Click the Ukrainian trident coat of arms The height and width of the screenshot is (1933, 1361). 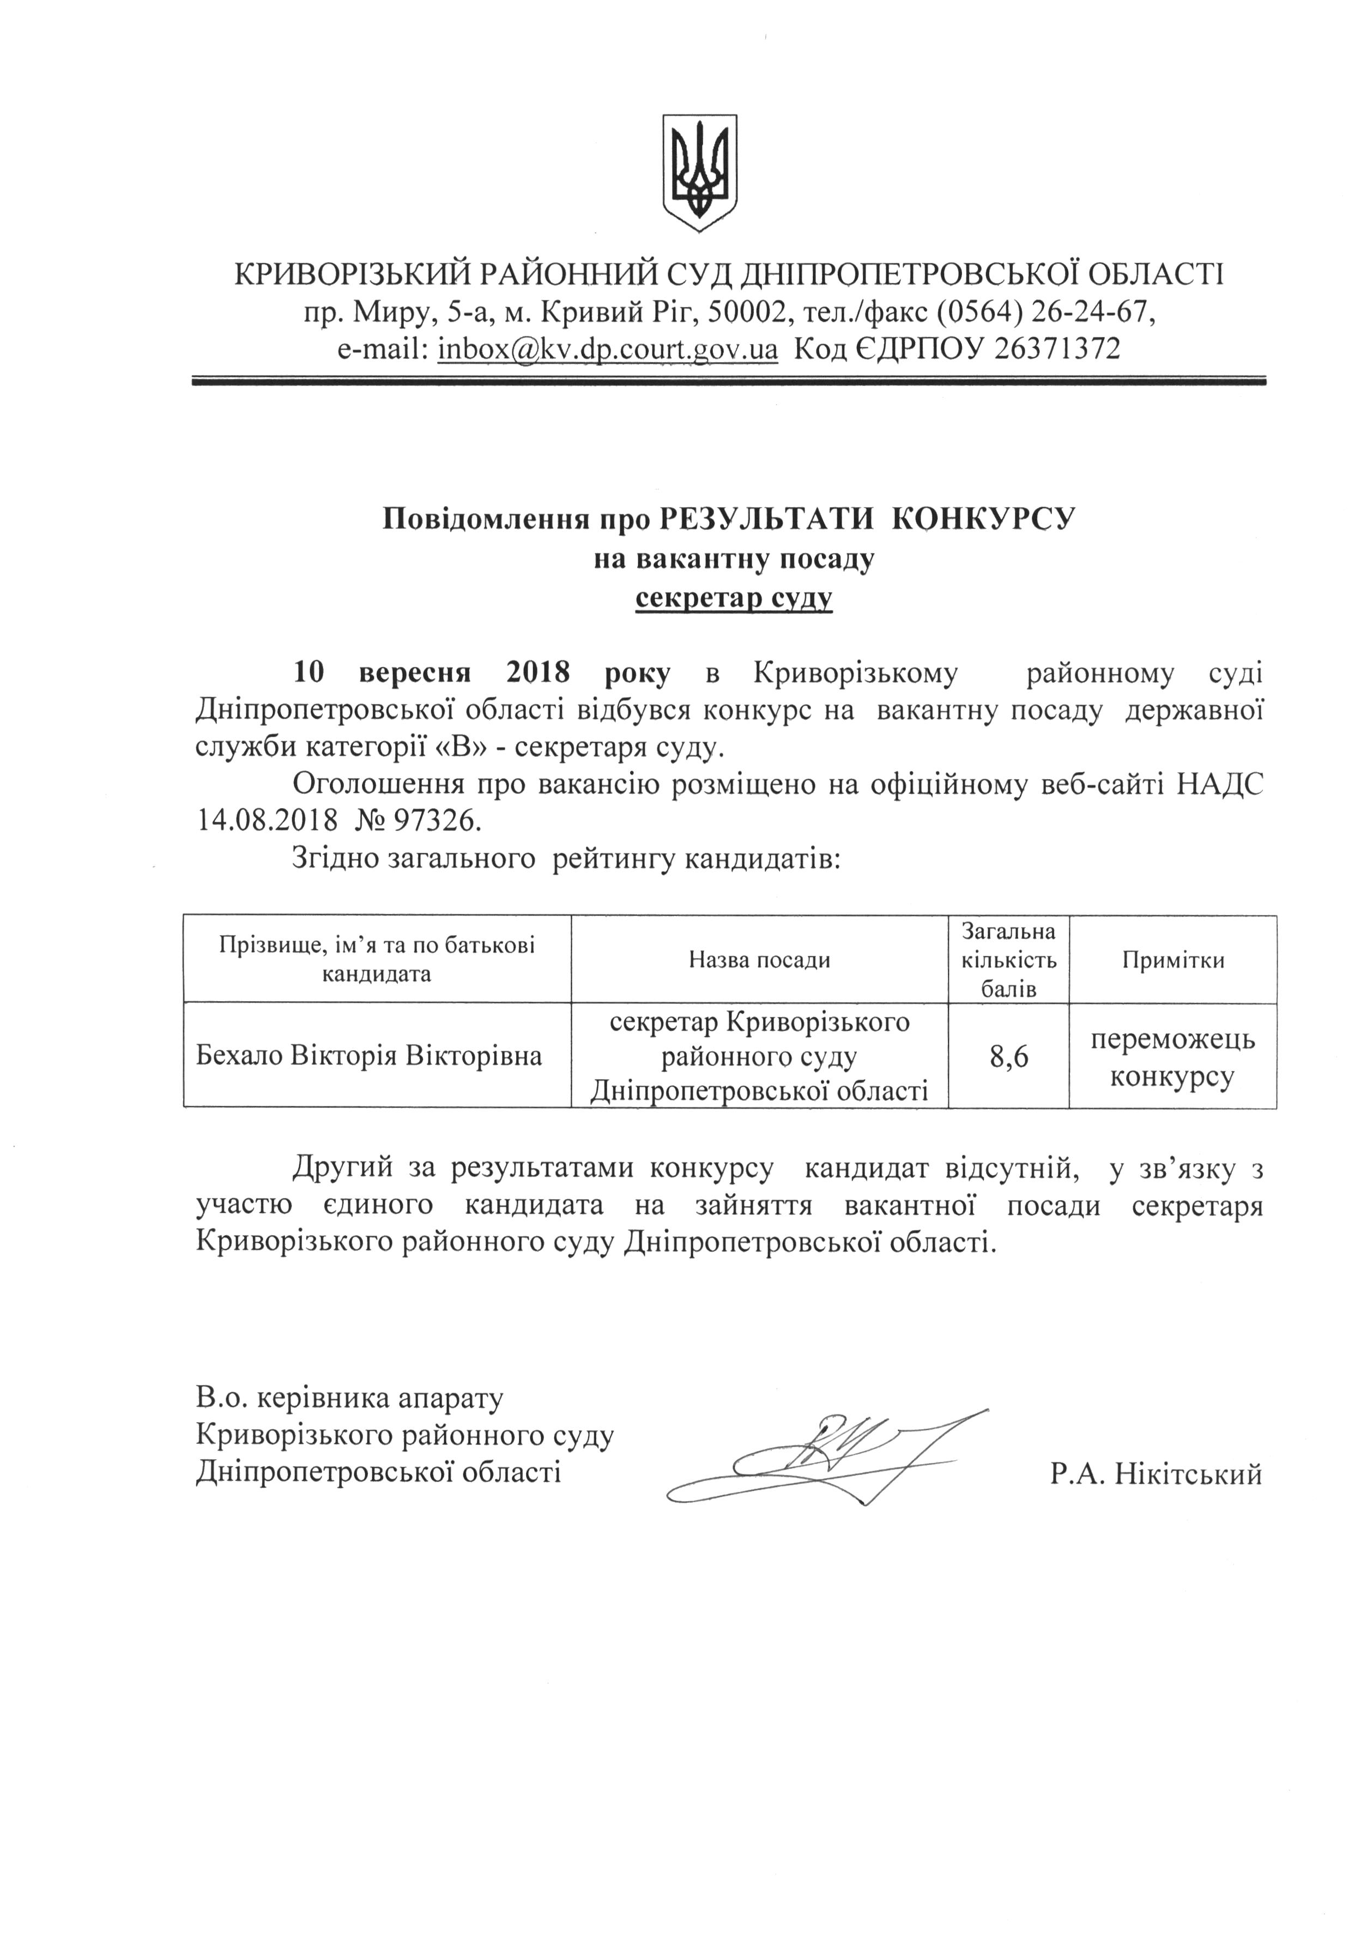pos(699,173)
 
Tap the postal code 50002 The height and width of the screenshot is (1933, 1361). pos(746,312)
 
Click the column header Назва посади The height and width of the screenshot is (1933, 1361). pos(759,960)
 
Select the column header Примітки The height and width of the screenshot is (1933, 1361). pos(1172,960)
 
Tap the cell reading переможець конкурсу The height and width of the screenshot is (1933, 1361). pos(1172,1057)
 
